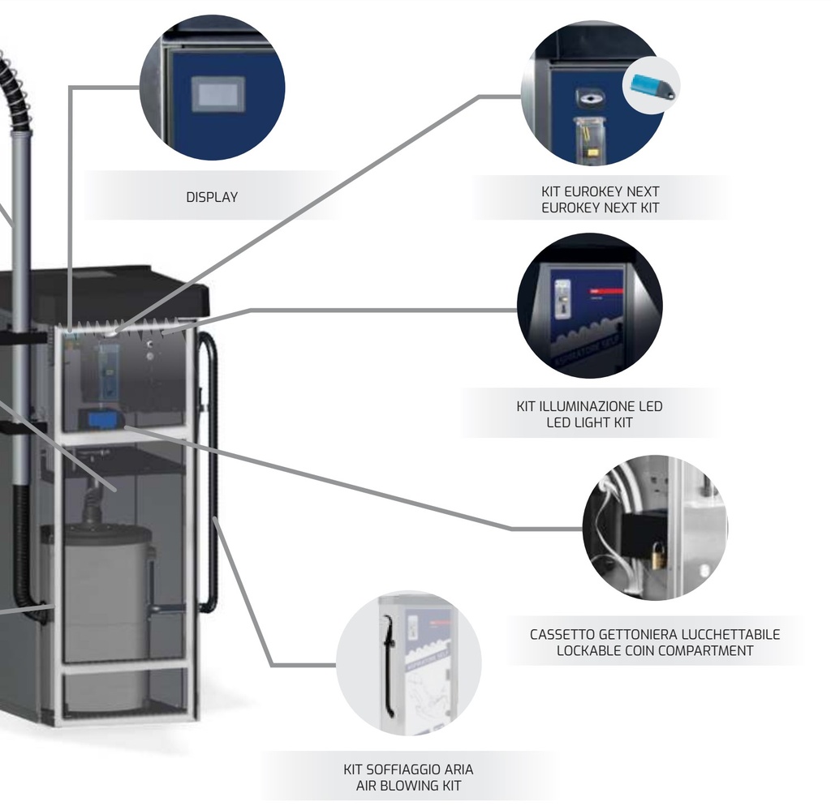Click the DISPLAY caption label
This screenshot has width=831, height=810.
click(212, 197)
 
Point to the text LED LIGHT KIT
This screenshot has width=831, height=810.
click(589, 422)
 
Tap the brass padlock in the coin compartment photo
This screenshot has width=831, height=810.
click(658, 555)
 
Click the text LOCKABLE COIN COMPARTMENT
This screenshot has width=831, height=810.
click(655, 650)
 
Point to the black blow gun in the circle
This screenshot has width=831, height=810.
click(390, 665)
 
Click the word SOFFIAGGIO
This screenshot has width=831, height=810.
click(408, 769)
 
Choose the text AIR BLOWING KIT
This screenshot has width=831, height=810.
click(408, 786)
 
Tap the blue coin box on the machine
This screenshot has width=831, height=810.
click(102, 419)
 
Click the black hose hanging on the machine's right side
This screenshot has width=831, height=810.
click(213, 470)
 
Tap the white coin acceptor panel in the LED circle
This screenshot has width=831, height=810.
click(562, 298)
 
